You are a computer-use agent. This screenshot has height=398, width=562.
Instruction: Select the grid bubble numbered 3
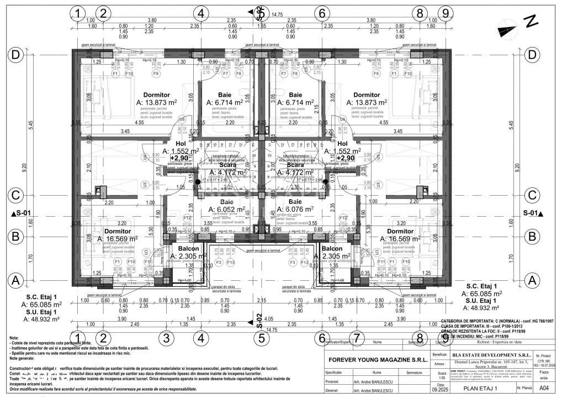pos(163,337)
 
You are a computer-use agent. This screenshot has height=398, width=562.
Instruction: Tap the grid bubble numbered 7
pos(357,337)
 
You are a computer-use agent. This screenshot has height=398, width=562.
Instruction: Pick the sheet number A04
pos(544,389)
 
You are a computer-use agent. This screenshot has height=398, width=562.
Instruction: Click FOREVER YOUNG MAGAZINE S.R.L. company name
pos(378,359)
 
